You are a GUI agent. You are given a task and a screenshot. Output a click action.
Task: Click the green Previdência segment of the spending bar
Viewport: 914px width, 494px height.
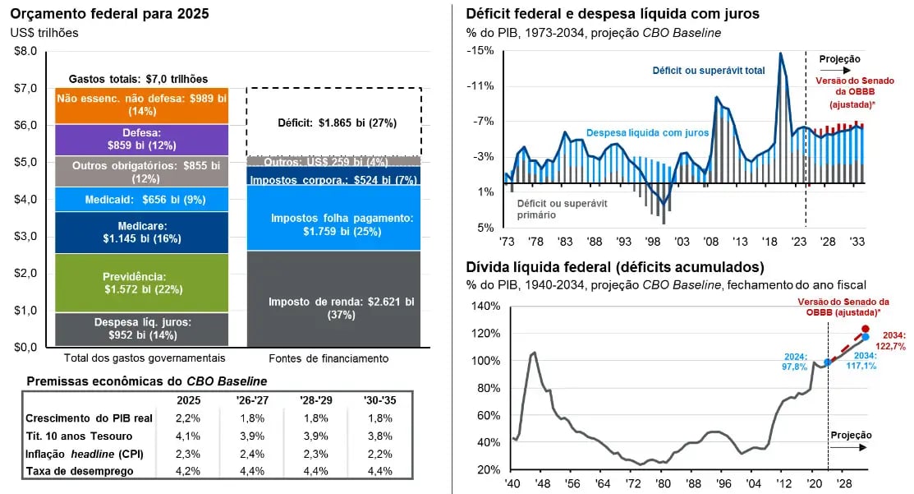click(143, 283)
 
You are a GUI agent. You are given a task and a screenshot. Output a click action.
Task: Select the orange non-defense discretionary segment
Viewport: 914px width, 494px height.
click(143, 105)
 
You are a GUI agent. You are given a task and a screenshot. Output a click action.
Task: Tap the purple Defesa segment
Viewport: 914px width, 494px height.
click(143, 139)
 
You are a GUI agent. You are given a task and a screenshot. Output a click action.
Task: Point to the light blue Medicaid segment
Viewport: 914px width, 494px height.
click(143, 200)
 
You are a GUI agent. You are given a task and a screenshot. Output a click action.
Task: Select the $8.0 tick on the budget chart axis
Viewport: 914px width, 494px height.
click(25, 51)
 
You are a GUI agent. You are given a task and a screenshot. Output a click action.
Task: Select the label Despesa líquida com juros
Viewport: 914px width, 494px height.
click(647, 132)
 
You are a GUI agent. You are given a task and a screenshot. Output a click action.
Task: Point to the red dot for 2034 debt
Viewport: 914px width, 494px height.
click(866, 329)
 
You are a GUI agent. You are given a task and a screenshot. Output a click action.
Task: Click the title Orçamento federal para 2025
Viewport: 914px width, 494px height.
click(109, 14)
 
